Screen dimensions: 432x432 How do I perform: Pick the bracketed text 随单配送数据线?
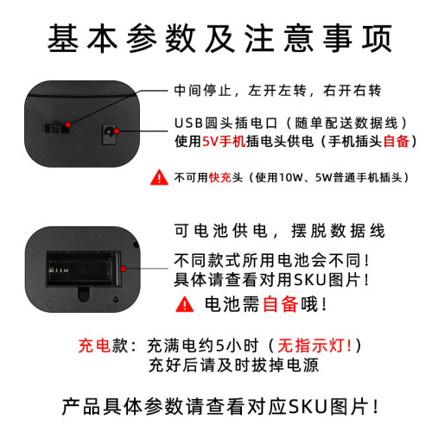click(345, 122)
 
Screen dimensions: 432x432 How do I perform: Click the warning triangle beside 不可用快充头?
click(160, 178)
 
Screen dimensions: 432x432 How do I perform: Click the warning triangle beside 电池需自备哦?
click(185, 304)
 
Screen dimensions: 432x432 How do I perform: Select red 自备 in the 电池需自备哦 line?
click(279, 304)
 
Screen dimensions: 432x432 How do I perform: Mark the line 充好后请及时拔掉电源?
click(232, 365)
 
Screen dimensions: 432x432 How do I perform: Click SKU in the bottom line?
click(308, 404)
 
